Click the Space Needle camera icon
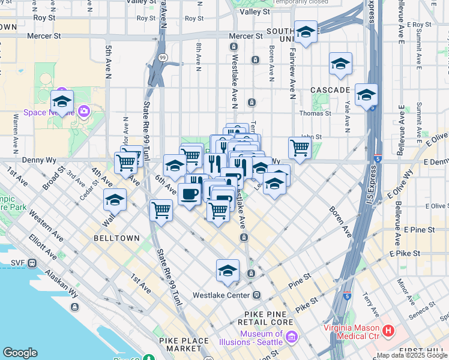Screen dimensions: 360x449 point(83,110)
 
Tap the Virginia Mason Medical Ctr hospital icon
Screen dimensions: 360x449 point(388,329)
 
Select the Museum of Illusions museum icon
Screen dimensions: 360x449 point(292,338)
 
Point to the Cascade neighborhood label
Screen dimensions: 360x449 point(330,90)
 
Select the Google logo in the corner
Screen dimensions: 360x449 point(20,353)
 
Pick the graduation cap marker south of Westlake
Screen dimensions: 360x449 point(228,270)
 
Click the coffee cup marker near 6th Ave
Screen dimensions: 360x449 point(189,195)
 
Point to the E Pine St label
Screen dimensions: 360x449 point(419,230)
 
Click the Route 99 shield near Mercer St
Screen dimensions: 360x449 point(163,57)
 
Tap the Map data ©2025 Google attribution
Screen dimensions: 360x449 point(412,355)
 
